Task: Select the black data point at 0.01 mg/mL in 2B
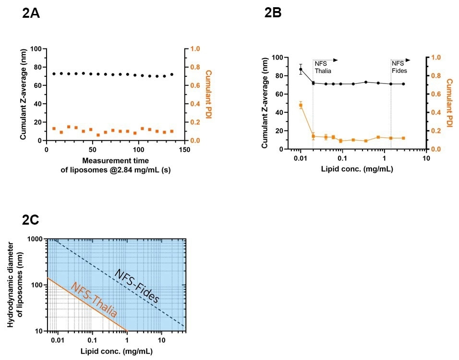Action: (301, 69)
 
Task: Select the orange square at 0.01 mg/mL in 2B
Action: (301, 105)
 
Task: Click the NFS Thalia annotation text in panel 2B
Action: (323, 67)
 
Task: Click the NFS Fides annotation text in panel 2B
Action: (398, 67)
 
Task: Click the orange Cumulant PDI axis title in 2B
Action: (449, 103)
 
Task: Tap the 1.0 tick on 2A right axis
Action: (194, 49)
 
